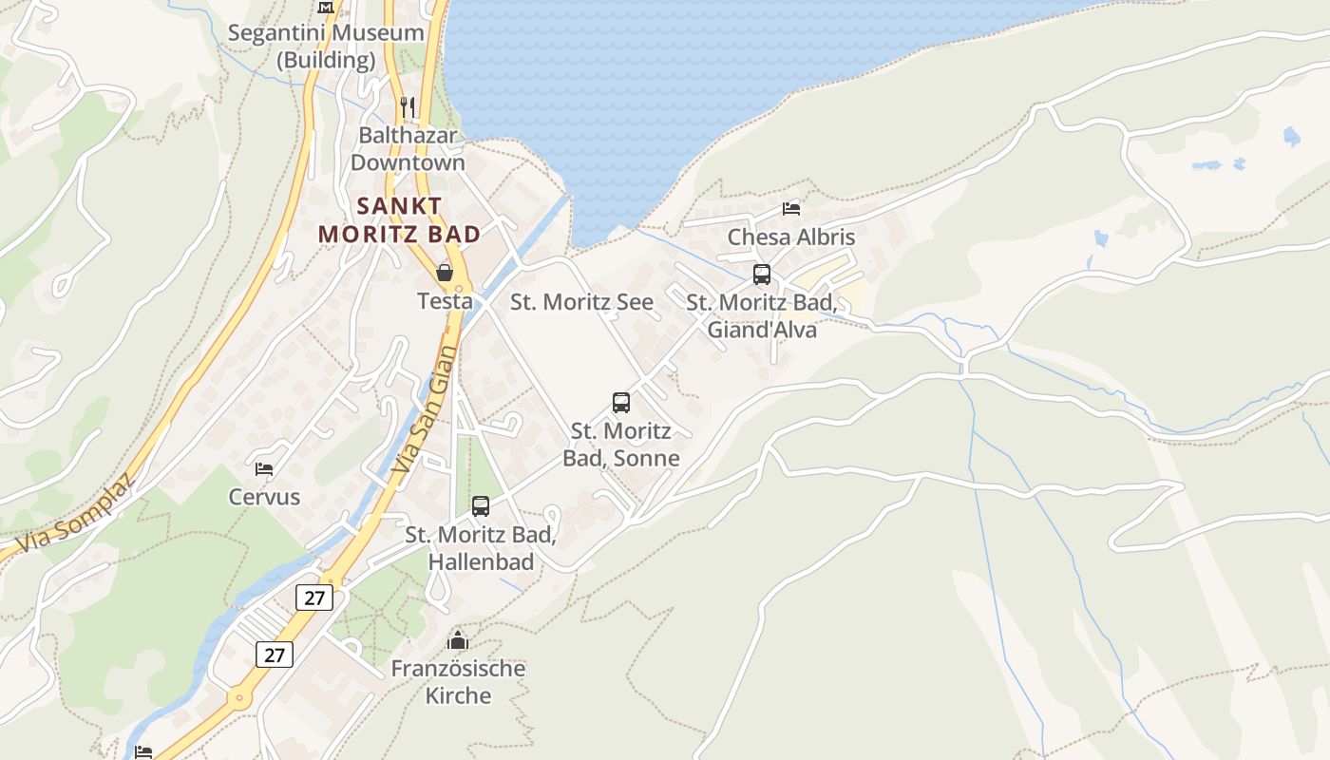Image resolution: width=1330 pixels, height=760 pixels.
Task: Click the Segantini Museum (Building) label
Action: [x=326, y=47]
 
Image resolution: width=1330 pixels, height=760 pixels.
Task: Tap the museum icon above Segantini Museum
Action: [x=326, y=7]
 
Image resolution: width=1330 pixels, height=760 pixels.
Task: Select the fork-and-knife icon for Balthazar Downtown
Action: [x=408, y=106]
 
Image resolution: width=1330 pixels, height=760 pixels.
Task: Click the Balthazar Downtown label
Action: [x=408, y=149]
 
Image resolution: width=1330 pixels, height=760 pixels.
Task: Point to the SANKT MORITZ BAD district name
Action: [x=399, y=219]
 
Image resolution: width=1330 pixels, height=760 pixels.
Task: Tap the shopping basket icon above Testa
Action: [x=444, y=274]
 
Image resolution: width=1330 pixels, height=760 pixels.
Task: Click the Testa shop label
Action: [x=445, y=301]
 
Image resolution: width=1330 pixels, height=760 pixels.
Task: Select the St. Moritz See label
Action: [x=581, y=302]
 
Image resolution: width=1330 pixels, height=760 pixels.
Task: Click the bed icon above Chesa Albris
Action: [x=791, y=208]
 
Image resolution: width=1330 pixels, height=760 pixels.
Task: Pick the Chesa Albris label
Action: [x=791, y=237]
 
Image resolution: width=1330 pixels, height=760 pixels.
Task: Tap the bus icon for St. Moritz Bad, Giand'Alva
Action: [x=762, y=275]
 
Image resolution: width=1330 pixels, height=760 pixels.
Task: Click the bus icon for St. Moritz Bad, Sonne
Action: [x=621, y=403]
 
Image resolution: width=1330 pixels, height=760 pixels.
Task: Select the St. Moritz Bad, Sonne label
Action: [x=621, y=445]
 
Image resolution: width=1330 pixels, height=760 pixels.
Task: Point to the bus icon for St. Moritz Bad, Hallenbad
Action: [x=481, y=506]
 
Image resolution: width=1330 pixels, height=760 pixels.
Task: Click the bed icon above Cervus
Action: [x=264, y=468]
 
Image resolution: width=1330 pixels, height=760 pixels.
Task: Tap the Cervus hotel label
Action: [x=264, y=497]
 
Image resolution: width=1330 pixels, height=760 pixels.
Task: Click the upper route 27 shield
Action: [x=314, y=598]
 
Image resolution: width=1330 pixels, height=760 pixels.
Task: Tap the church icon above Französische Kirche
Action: [x=458, y=640]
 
